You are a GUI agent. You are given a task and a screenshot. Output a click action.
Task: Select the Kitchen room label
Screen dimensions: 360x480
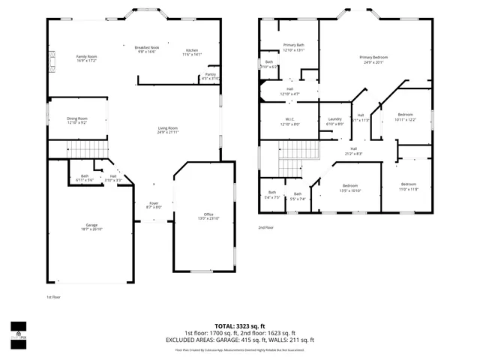[x=192, y=52]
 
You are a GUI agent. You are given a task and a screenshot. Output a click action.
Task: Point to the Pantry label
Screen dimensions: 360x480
[x=210, y=76]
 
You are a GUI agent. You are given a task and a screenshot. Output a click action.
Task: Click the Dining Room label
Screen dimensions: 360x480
[x=77, y=119]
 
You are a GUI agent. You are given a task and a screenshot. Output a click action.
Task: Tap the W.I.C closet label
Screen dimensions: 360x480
[x=289, y=121]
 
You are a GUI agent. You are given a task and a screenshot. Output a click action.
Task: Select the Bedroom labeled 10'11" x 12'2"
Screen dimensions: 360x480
[x=404, y=116]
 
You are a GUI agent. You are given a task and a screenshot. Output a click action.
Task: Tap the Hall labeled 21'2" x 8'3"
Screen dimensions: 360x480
[x=353, y=151]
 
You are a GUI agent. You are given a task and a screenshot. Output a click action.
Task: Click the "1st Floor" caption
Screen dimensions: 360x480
[x=54, y=297]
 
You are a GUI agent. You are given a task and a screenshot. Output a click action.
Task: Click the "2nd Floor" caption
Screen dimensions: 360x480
[x=266, y=227]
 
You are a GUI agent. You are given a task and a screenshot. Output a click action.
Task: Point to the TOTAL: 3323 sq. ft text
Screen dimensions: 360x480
[x=240, y=325]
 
